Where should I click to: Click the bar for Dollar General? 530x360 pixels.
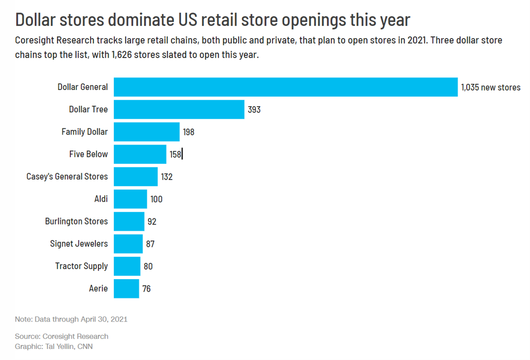285,87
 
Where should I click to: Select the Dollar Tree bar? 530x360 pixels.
179,109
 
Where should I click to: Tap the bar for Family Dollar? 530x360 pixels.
147,131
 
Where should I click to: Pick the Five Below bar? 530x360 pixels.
140,154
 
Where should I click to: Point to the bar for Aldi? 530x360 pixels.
130,199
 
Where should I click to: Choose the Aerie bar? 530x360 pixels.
126,288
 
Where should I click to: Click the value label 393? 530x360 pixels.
254,109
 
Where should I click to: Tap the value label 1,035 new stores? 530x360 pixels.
491,87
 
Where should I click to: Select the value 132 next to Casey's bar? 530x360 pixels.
167,176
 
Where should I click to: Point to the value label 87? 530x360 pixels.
150,244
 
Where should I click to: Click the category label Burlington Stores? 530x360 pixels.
76,221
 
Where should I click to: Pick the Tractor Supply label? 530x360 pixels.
81,266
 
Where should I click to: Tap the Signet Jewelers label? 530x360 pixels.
79,244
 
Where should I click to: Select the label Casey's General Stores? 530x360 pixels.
67,176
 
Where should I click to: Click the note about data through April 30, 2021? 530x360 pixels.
71,319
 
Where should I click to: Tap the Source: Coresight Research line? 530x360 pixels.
62,336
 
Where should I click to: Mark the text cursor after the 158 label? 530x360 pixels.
182,154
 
